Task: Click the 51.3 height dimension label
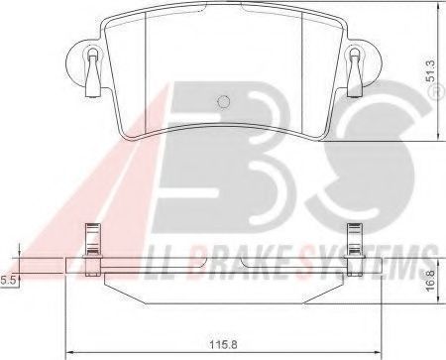pyautogui.click(x=431, y=70)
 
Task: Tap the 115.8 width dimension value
pyautogui.click(x=223, y=345)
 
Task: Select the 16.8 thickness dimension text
pyautogui.click(x=431, y=280)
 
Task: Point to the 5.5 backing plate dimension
pyautogui.click(x=8, y=281)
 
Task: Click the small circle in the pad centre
pyautogui.click(x=224, y=101)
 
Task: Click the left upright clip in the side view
pyautogui.click(x=92, y=250)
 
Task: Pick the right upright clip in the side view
pyautogui.click(x=354, y=250)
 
